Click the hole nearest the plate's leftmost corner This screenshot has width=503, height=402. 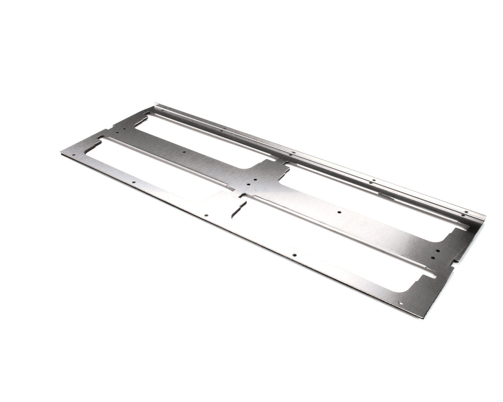tap(74, 155)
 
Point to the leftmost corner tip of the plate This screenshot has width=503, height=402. tap(61, 153)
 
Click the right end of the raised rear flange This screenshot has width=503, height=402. tap(484, 217)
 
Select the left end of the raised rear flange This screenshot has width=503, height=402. tap(156, 104)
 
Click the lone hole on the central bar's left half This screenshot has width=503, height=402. tap(184, 152)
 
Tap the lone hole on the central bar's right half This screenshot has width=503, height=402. tap(338, 212)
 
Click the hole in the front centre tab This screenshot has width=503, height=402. tap(205, 214)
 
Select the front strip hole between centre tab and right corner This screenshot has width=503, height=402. tap(294, 255)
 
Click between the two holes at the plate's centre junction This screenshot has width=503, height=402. tap(251, 183)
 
